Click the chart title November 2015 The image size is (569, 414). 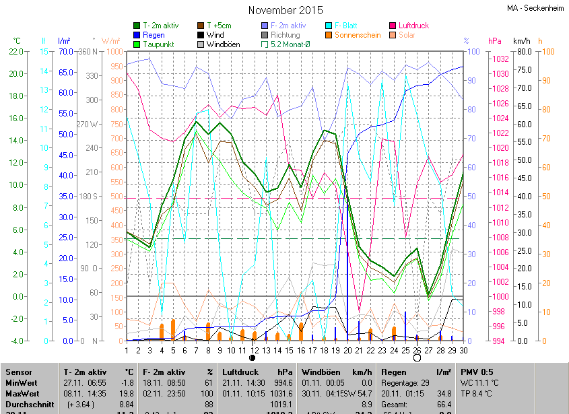pyautogui.click(x=286, y=10)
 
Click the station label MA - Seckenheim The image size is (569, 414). pyautogui.click(x=536, y=8)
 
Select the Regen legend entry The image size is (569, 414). pyautogui.click(x=154, y=35)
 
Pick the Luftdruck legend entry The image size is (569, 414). pyautogui.click(x=413, y=26)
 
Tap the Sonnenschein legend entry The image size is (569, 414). pyautogui.click(x=358, y=35)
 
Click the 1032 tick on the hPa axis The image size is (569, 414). pyautogui.click(x=500, y=59)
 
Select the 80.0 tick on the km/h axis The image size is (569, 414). pyautogui.click(x=525, y=52)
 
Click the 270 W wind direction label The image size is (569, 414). pyautogui.click(x=88, y=125)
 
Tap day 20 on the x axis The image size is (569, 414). pyautogui.click(x=347, y=350)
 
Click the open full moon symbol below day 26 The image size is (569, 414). pyautogui.click(x=417, y=358)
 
